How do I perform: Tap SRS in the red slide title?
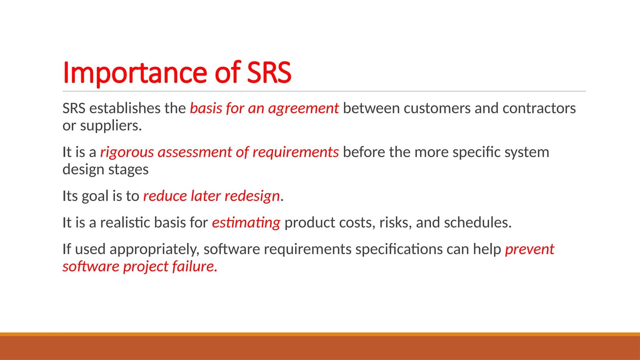pyautogui.click(x=269, y=73)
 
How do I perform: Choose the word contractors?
pyautogui.click(x=539, y=108)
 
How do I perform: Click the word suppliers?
pyautogui.click(x=111, y=126)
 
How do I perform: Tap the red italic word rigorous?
pyautogui.click(x=127, y=153)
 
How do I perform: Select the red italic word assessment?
pyautogui.click(x=195, y=152)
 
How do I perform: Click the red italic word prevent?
pyautogui.click(x=529, y=250)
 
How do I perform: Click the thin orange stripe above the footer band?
pyautogui.click(x=320, y=334)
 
